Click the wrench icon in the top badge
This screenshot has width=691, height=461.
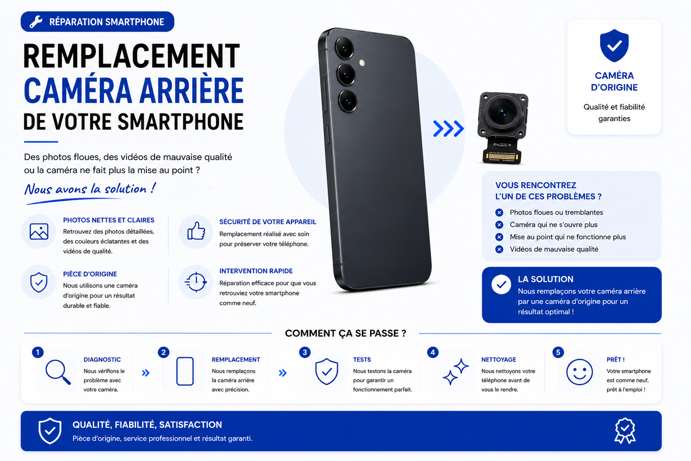[36, 22]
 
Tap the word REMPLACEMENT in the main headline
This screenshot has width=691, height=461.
[131, 56]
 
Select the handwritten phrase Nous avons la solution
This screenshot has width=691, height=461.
[90, 189]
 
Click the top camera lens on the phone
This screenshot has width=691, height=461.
[344, 48]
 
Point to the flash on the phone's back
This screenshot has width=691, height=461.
[362, 63]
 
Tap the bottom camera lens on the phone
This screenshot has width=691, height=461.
[348, 101]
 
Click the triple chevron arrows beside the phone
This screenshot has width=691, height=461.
[448, 129]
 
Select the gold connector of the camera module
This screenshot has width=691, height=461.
[501, 157]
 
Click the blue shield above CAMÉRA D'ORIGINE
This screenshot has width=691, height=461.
[614, 45]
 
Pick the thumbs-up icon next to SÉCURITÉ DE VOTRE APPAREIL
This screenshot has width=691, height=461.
[196, 231]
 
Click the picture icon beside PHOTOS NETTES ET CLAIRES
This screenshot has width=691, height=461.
[39, 231]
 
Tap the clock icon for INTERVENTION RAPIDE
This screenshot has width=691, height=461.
[195, 282]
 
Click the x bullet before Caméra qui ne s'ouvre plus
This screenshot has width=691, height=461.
[499, 225]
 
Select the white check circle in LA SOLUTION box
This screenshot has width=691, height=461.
[501, 284]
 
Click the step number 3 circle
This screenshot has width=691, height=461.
[305, 352]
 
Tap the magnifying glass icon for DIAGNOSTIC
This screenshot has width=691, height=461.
[58, 372]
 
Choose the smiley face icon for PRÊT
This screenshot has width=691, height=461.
[579, 372]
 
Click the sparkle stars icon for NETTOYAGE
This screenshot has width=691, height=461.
[456, 371]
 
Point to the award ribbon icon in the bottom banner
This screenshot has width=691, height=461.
[625, 430]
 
